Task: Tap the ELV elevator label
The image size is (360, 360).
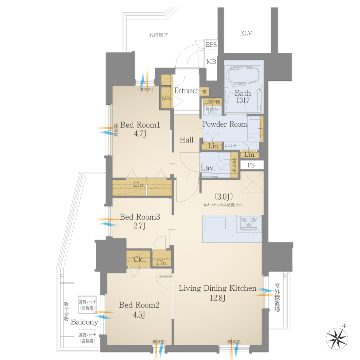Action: pos(246,33)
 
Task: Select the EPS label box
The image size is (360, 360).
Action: pos(211,45)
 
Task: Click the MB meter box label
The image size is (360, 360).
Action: pos(211,62)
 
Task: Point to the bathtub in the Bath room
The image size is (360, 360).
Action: pos(244,75)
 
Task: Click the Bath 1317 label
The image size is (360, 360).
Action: pos(243,97)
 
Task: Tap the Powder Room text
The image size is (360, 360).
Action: pos(225,124)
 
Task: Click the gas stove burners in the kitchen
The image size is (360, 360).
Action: pos(249,222)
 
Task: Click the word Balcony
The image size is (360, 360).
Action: pos(84,322)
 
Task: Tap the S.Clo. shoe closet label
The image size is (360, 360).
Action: pos(166,98)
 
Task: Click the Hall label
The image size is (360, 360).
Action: pos(186,140)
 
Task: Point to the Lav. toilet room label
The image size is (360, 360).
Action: pos(208,168)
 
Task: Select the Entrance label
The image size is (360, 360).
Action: pos(186,91)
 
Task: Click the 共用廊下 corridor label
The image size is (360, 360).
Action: pos(158,36)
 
